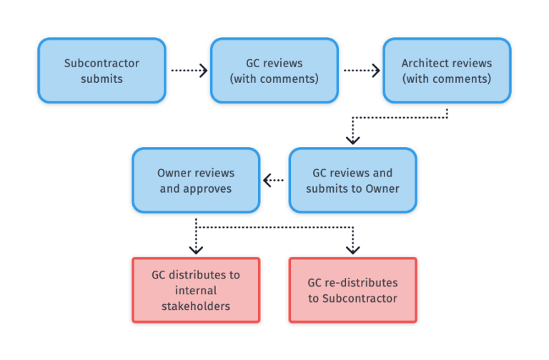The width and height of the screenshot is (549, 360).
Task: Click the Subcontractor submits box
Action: click(x=102, y=71)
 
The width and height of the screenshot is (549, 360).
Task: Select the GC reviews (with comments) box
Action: click(x=274, y=71)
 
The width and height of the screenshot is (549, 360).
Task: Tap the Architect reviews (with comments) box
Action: click(x=447, y=71)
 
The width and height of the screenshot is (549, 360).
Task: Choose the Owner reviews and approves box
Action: click(x=196, y=180)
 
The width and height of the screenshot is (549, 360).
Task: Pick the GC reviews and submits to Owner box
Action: click(x=352, y=180)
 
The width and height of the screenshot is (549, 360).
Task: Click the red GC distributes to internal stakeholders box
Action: click(x=196, y=290)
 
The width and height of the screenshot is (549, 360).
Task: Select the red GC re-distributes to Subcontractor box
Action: click(x=352, y=290)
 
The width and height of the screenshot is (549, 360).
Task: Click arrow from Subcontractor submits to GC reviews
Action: click(x=188, y=71)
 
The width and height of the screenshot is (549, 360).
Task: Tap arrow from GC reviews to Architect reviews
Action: click(x=361, y=71)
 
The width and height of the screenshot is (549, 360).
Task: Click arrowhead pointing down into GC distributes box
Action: click(x=196, y=249)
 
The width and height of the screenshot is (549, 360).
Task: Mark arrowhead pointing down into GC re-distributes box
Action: click(x=352, y=249)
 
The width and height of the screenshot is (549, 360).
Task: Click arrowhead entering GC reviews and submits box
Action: click(x=352, y=139)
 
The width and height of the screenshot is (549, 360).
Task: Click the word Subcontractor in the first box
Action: click(x=102, y=63)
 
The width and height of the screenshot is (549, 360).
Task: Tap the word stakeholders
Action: click(x=196, y=306)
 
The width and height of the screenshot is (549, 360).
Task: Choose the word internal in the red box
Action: click(x=196, y=290)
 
